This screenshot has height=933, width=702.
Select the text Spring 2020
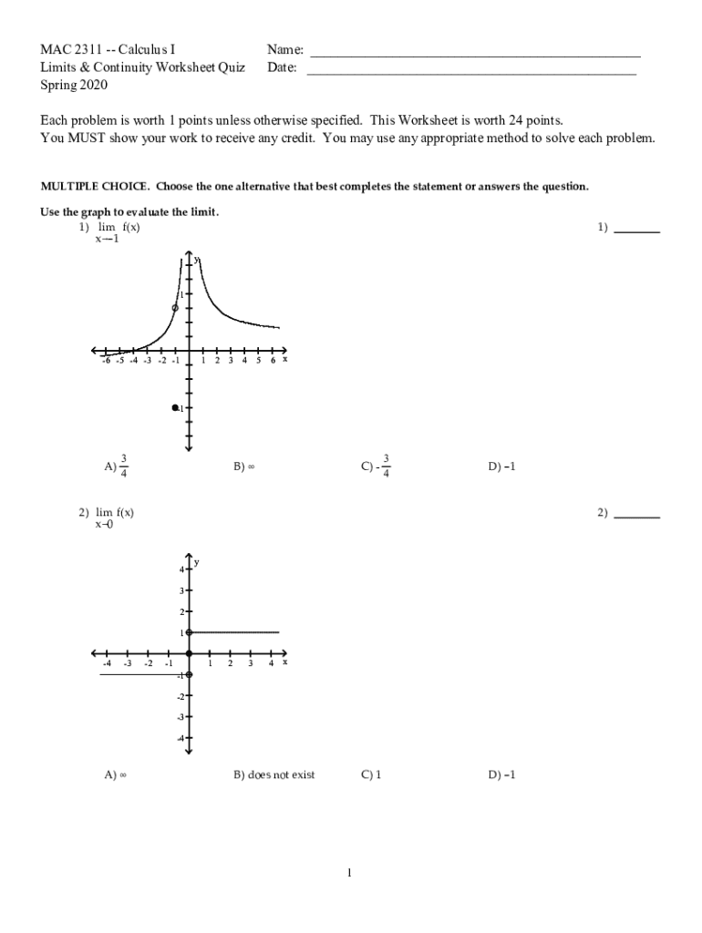[x=74, y=86]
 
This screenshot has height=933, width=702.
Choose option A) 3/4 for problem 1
[x=117, y=466]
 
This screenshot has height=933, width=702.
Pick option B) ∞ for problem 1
[x=243, y=466]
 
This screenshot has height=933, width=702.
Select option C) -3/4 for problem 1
[x=377, y=466]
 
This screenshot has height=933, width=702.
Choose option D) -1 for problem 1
[x=502, y=466]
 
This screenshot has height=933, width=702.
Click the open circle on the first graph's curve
[x=175, y=308]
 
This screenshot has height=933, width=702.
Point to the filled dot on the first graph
[x=174, y=408]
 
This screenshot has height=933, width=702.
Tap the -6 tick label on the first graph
[x=106, y=361]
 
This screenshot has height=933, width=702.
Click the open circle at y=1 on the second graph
[x=189, y=632]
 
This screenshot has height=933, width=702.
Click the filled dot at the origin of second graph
[x=189, y=653]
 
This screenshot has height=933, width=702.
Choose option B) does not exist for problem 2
[x=274, y=775]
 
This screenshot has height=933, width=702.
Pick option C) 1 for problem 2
[x=371, y=775]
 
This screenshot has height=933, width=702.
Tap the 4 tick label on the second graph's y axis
[x=181, y=569]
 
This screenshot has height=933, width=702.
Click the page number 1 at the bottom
[x=348, y=874]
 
